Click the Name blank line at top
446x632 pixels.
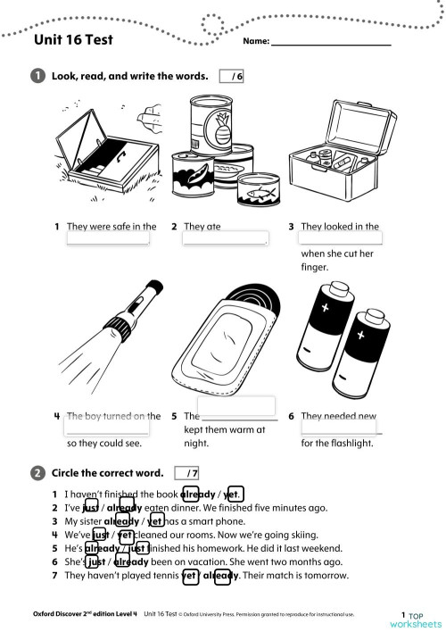tap(331, 42)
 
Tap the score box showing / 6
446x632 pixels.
tap(231, 77)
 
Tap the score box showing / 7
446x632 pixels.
tap(187, 472)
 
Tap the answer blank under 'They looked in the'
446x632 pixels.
tap(341, 238)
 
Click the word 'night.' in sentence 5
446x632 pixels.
tap(196, 443)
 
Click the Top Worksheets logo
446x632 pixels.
tap(415, 620)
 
